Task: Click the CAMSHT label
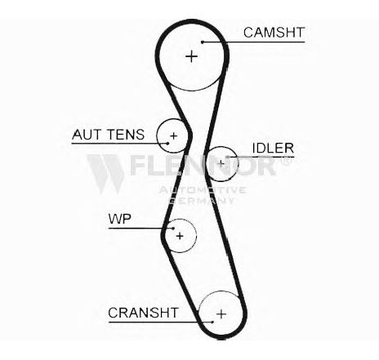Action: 274,33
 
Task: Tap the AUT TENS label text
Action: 109,135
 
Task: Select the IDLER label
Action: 273,149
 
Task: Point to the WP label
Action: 120,219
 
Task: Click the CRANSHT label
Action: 143,313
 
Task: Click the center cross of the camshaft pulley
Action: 192,56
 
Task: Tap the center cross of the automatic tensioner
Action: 173,136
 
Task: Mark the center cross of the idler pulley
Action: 221,164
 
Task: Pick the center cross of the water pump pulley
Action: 180,236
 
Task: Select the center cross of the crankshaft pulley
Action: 221,314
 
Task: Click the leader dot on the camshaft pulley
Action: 203,42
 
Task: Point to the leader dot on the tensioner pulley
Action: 168,143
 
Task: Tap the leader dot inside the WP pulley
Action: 173,229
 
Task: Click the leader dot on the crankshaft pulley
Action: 212,322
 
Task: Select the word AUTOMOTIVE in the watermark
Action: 203,190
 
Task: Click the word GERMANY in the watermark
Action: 202,201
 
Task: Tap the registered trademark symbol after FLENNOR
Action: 286,160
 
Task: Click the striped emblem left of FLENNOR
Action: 105,174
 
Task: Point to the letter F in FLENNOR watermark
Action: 138,166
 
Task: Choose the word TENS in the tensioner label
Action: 126,135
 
